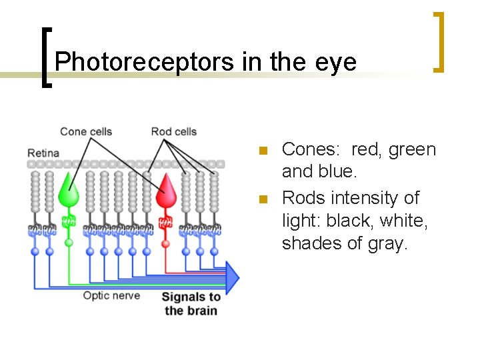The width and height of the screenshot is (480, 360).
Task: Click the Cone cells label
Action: [x=86, y=131]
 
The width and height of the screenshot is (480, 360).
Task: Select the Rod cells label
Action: [x=173, y=131]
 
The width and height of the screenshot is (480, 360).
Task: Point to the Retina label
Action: [x=43, y=153]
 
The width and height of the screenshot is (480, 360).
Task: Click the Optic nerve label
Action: [x=111, y=295]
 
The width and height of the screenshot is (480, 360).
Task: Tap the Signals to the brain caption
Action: [x=191, y=303]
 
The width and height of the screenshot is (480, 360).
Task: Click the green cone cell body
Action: [x=69, y=194]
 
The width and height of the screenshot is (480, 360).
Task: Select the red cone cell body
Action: [x=165, y=194]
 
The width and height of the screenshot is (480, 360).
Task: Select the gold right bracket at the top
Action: [x=439, y=41]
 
